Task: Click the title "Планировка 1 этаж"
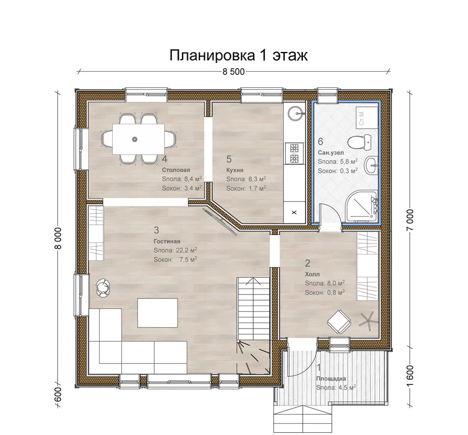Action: click(x=238, y=55)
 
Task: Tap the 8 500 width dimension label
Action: click(x=233, y=72)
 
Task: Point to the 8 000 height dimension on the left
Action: click(x=58, y=238)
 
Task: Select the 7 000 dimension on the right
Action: click(x=410, y=220)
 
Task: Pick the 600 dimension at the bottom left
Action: click(x=58, y=394)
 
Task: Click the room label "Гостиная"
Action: click(x=167, y=242)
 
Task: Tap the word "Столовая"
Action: click(x=176, y=170)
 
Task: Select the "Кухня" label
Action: click(x=235, y=170)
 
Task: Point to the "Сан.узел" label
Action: click(x=331, y=153)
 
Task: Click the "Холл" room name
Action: click(x=312, y=274)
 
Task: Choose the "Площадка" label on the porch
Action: click(x=331, y=379)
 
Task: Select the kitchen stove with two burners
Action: click(x=294, y=154)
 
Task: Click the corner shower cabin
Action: click(x=362, y=206)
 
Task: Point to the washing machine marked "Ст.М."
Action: click(x=367, y=118)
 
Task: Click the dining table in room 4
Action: click(x=138, y=139)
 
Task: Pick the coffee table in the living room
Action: click(x=158, y=313)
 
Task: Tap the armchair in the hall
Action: click(x=339, y=322)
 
